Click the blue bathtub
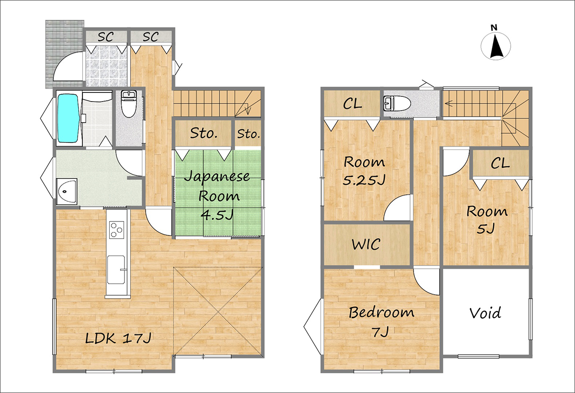pyautogui.click(x=68, y=118)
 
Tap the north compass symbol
pyautogui.click(x=495, y=46)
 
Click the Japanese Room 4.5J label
pyautogui.click(x=218, y=196)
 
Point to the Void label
pyautogui.click(x=485, y=313)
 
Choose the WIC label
pyautogui.click(x=366, y=244)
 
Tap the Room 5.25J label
pyautogui.click(x=364, y=171)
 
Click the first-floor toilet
pyautogui.click(x=129, y=104)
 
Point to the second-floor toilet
pyautogui.click(x=397, y=104)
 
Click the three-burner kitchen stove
pyautogui.click(x=117, y=230)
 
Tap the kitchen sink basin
pyautogui.click(x=116, y=270)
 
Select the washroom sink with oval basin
pyautogui.click(x=67, y=191)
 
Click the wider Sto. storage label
pyautogui.click(x=204, y=133)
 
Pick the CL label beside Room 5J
pyautogui.click(x=500, y=163)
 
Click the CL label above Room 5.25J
pyautogui.click(x=353, y=104)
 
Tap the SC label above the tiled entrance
pyautogui.click(x=105, y=37)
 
